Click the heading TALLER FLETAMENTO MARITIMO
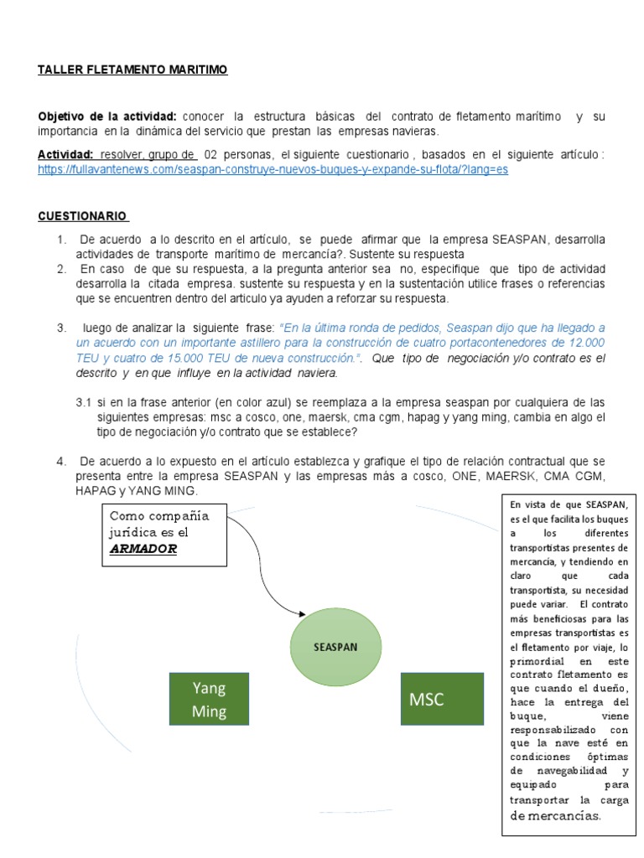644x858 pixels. (x=132, y=70)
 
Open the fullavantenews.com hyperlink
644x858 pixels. (x=273, y=168)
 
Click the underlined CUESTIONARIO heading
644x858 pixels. (x=82, y=215)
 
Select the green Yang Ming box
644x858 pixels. (x=209, y=700)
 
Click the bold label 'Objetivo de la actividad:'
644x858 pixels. (x=106, y=116)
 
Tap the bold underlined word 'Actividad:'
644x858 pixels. (x=65, y=154)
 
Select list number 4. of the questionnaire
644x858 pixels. (x=61, y=462)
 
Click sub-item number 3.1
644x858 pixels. (x=85, y=403)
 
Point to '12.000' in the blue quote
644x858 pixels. (x=585, y=343)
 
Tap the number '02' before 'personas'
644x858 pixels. (x=210, y=154)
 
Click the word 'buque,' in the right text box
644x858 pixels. (x=528, y=716)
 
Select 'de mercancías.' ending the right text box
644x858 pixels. (x=555, y=815)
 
